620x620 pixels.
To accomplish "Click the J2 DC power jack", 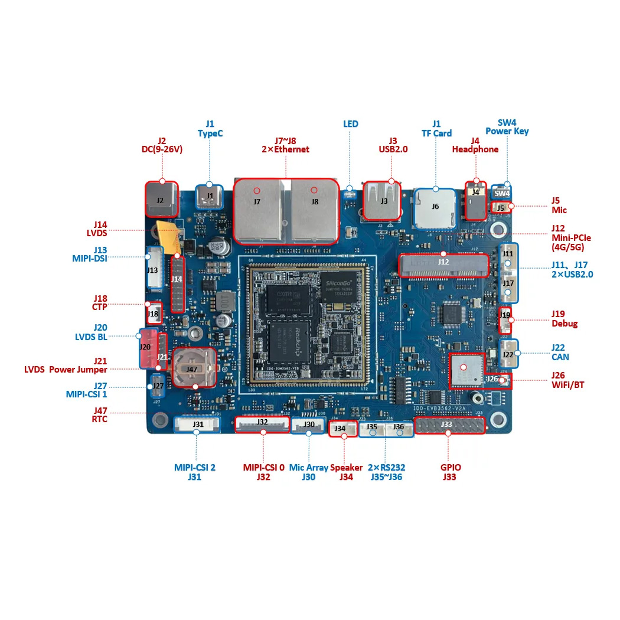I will (161, 200).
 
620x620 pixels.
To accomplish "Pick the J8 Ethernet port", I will (314, 210).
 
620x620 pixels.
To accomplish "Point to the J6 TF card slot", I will (436, 207).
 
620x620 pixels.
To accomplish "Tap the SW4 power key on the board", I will (501, 193).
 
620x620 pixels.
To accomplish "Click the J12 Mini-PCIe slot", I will (444, 265).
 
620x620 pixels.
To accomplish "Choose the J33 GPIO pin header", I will (449, 425).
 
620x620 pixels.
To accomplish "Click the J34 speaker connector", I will (340, 428).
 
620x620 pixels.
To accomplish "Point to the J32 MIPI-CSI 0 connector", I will (262, 423).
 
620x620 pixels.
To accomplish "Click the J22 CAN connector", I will (508, 354).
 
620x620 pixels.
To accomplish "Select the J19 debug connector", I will (505, 315).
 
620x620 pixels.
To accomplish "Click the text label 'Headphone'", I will (475, 149).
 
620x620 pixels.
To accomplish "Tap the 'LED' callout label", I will (351, 124).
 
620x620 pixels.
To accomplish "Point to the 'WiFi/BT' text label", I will (567, 385).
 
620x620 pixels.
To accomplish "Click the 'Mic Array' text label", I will (308, 468).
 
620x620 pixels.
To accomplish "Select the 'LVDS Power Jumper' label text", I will (66, 370).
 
